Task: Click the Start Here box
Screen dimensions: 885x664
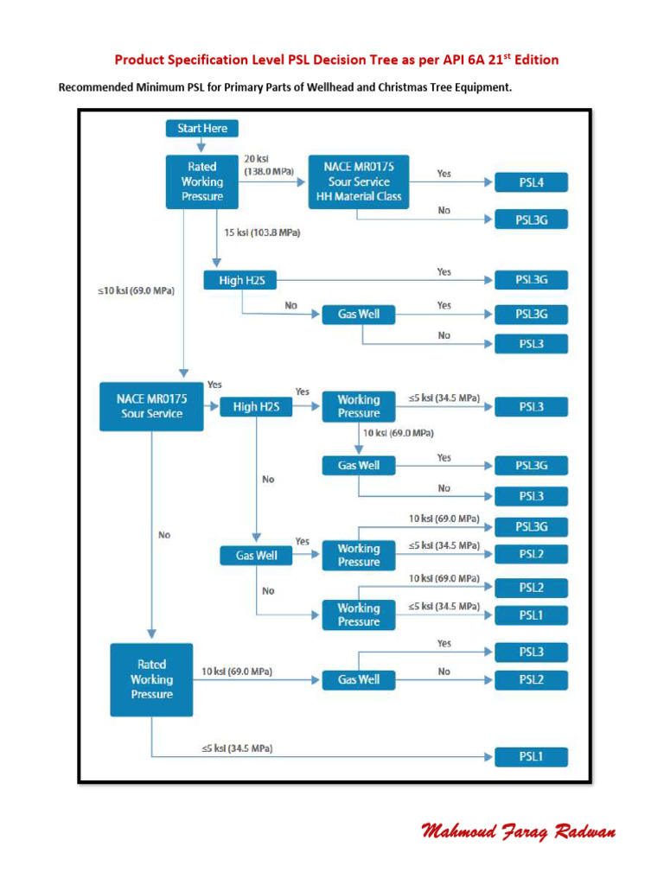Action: (x=202, y=129)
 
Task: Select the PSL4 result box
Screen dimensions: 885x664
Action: (x=531, y=182)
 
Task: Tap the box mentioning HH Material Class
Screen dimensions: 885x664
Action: (x=358, y=181)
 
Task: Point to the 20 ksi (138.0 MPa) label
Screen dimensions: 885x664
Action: (x=268, y=165)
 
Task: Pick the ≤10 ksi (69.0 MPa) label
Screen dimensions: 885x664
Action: (x=135, y=291)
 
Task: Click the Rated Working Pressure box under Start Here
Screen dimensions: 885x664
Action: (x=202, y=181)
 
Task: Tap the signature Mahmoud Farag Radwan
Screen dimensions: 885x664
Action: (x=519, y=831)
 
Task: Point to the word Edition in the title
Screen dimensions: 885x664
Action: (x=532, y=60)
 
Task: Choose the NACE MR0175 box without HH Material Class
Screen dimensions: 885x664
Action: (x=151, y=406)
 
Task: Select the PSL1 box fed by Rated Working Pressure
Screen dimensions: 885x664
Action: (x=531, y=758)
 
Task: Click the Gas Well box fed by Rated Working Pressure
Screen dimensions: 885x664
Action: (x=359, y=679)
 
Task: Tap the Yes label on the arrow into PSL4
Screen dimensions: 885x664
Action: (x=444, y=174)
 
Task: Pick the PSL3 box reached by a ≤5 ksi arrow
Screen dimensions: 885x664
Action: (x=531, y=406)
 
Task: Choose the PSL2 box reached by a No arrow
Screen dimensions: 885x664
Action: (x=531, y=679)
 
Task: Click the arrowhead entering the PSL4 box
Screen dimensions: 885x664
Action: (x=489, y=182)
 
